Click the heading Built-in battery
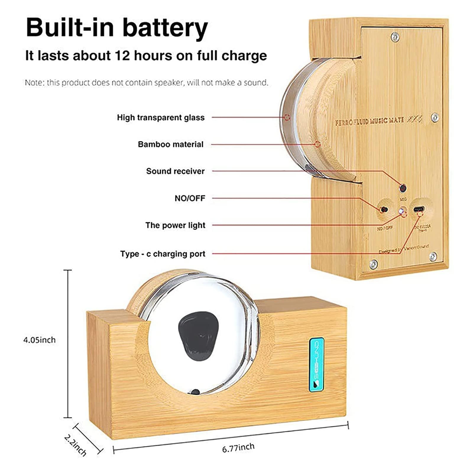117,27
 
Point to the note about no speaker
146,82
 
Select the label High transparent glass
161,118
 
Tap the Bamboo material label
171,144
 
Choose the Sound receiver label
175,171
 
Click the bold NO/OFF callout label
190,198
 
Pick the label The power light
175,225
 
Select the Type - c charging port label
163,254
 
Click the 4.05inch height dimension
39,340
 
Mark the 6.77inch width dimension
238,448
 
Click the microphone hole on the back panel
402,188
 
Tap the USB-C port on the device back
419,209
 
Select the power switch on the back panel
384,210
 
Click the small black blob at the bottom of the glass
195,393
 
